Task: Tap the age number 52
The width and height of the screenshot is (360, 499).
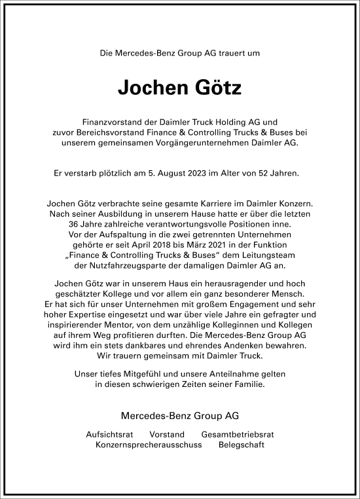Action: [268, 174]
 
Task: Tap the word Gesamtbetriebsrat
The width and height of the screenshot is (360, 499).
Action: [238, 435]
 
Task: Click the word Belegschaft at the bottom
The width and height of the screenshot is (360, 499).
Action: [242, 445]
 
